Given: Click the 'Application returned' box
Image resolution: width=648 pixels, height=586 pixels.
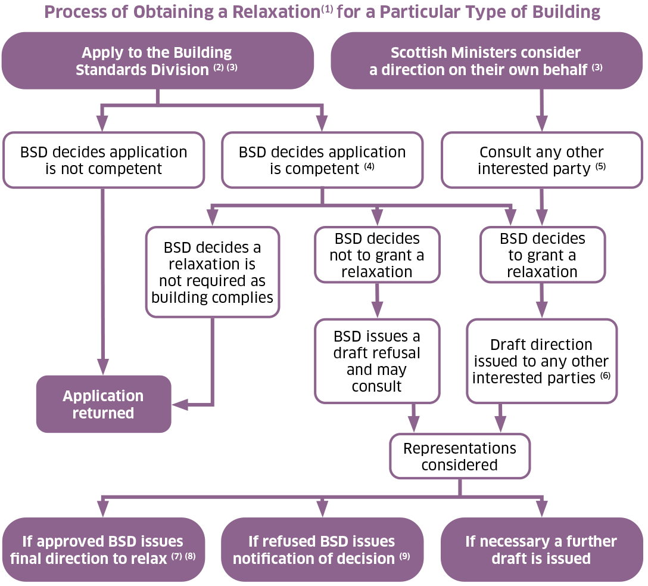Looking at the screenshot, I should (x=104, y=404).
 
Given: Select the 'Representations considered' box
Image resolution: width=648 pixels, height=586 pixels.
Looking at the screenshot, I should (x=459, y=456).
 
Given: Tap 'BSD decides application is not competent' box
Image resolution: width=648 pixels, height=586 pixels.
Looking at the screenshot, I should (x=104, y=160).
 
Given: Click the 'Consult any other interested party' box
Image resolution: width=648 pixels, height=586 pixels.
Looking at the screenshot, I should (x=541, y=160).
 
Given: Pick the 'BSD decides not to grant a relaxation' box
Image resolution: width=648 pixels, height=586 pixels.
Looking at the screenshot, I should (x=377, y=255).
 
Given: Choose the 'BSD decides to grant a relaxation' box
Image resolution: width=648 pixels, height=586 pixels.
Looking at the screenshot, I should (x=542, y=255).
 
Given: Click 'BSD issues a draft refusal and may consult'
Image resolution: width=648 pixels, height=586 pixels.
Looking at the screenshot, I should (x=377, y=361).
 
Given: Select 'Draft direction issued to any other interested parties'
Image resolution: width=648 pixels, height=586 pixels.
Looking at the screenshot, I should (x=541, y=361).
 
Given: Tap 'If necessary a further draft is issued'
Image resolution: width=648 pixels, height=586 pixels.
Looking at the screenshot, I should (x=541, y=550).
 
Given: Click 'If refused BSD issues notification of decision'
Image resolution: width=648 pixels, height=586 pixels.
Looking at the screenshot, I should (x=322, y=550).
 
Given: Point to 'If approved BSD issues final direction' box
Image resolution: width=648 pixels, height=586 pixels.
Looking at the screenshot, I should (x=104, y=550).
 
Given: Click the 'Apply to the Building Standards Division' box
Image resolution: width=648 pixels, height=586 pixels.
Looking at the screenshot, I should (x=157, y=61).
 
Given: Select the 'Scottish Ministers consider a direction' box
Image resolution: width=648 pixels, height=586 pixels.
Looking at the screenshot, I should (x=486, y=61).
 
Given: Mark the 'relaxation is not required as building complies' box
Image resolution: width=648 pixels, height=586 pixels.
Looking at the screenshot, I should (x=213, y=272).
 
